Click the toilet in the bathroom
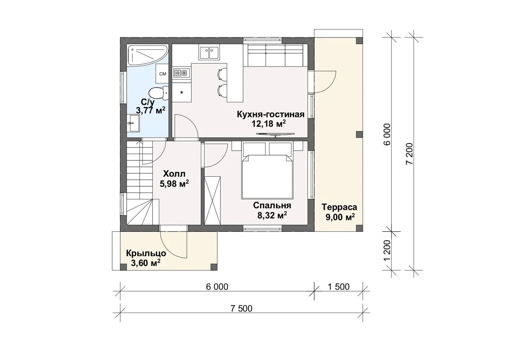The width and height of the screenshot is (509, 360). (x=159, y=92)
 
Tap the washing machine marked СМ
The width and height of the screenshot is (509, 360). (x=162, y=74)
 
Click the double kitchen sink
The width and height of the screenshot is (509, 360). (x=209, y=52)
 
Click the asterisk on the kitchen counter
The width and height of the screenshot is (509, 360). (x=181, y=93)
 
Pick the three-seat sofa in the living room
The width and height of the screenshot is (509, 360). (x=275, y=55)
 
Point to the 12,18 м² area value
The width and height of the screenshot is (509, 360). (x=269, y=124)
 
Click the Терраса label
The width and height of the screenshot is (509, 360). (x=339, y=207)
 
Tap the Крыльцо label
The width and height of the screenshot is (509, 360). (x=146, y=253)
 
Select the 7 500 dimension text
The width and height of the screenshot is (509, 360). (x=241, y=309)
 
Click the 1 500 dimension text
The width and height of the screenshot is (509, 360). (x=339, y=287)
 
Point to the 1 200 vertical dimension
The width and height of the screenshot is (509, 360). (x=387, y=251)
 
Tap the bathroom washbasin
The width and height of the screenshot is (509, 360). (x=133, y=123)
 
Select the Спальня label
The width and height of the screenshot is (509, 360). (x=272, y=205)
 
